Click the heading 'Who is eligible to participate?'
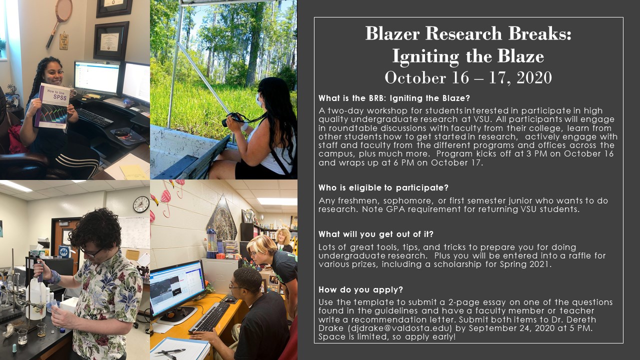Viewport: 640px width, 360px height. [x=383, y=187]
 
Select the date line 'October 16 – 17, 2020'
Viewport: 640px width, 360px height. [x=468, y=77]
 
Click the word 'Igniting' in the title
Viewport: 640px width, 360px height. [x=425, y=56]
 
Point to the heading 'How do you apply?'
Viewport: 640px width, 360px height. [x=360, y=289]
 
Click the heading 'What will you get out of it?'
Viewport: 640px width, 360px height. [x=376, y=234]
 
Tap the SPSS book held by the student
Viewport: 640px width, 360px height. [x=52, y=105]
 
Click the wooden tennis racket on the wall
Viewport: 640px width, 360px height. [x=59, y=23]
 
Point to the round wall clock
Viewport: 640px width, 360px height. [x=141, y=204]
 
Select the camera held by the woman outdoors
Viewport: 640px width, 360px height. [x=231, y=119]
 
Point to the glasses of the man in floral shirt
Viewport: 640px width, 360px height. [x=91, y=252]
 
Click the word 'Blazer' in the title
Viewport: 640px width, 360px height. [x=392, y=33]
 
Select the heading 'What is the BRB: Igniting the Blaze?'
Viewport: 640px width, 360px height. [x=394, y=98]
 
